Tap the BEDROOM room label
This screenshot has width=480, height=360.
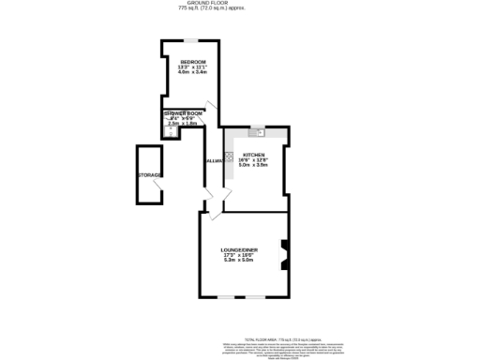(192, 62)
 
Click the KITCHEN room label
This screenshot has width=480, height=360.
(254, 154)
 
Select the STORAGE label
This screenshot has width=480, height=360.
(149, 175)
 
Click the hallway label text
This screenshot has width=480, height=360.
(214, 161)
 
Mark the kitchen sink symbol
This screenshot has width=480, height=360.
(265, 131)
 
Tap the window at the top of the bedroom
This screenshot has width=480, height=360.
(190, 40)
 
